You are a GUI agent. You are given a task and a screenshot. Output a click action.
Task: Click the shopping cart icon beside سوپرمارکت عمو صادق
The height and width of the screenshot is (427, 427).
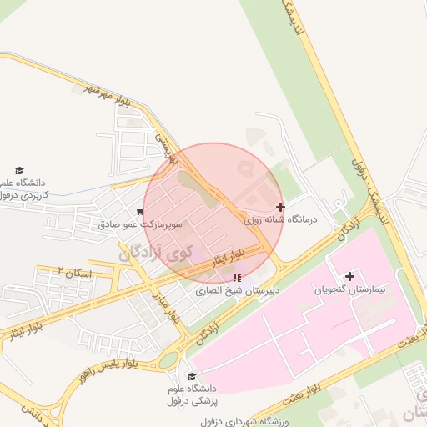click(x=140, y=213)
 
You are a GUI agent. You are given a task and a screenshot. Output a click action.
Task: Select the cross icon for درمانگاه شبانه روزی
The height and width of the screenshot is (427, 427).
click(x=280, y=207)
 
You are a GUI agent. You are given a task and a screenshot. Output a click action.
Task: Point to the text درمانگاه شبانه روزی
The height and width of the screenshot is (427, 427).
click(x=281, y=221)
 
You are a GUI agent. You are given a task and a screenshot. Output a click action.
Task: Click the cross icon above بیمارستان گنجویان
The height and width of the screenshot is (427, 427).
click(x=349, y=276)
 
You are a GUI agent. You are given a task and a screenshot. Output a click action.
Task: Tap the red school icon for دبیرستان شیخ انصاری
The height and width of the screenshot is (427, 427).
click(x=238, y=278)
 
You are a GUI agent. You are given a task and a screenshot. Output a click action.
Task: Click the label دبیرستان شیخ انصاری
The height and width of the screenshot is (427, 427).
click(x=236, y=292)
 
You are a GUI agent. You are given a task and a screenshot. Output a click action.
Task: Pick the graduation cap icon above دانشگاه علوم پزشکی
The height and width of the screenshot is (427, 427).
click(x=192, y=377)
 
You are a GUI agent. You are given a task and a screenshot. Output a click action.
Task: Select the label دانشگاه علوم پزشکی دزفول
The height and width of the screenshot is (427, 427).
click(x=193, y=395)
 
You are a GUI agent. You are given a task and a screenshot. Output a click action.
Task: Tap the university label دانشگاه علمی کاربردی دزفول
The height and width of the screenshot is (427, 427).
click(x=25, y=188)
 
